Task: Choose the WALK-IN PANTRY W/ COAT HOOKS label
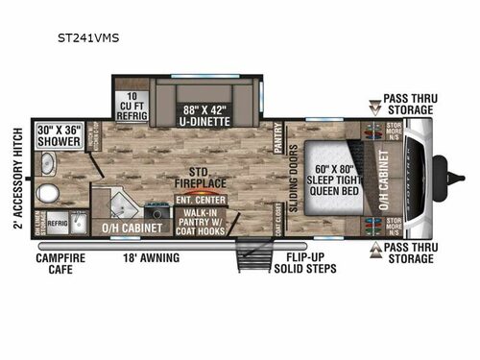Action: (197, 220)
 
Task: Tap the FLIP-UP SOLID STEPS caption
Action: (310, 264)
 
